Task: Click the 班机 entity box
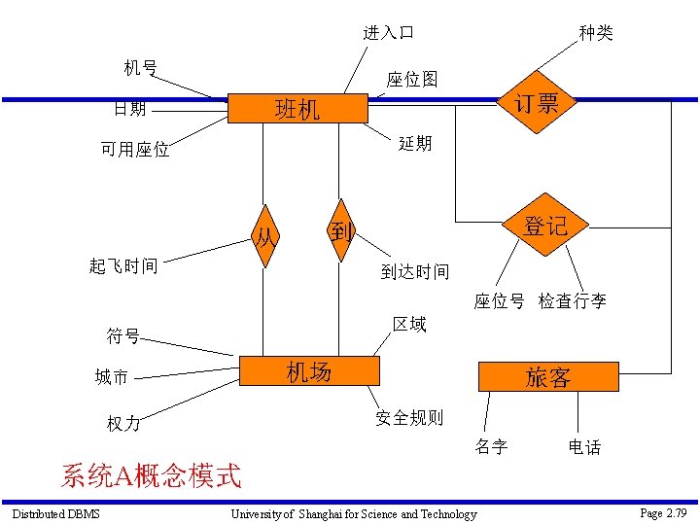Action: point(297,108)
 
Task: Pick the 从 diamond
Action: point(264,234)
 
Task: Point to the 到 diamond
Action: point(340,231)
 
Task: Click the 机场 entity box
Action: point(308,371)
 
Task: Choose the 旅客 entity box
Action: point(547,377)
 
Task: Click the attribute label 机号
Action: point(140,67)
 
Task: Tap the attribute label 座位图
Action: point(412,79)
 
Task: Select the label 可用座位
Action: point(135,150)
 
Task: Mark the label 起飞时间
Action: point(123,266)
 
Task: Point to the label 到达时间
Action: point(415,271)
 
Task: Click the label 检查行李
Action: point(573,301)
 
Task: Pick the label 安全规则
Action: point(409,418)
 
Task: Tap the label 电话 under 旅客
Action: point(585,447)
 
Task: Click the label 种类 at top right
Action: point(596,33)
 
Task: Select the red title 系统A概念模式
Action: point(151,475)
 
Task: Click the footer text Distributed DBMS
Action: point(55,513)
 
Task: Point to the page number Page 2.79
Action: point(663,512)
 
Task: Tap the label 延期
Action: point(415,144)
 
